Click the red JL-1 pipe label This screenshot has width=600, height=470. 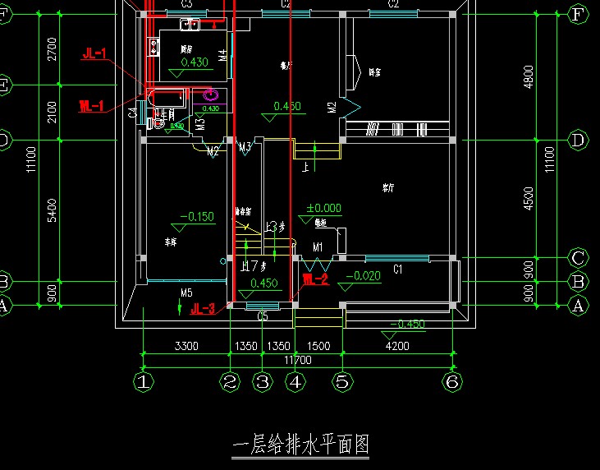point(94,54)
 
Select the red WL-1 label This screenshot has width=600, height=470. point(91,106)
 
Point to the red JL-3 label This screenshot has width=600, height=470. point(203,309)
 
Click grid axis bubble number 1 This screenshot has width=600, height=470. point(144,381)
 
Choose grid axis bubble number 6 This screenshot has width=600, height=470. point(450,381)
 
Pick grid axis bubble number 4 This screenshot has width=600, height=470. point(295,381)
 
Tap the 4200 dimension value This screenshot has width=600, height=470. point(397,346)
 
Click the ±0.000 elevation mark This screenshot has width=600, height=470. point(323,209)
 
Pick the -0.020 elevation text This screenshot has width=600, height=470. point(362,276)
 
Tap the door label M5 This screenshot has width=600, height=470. point(186,293)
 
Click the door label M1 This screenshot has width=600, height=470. point(317,247)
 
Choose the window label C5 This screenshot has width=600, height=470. point(263,315)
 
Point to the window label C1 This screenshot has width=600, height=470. point(397,269)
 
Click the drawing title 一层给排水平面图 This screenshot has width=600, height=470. point(300,445)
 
